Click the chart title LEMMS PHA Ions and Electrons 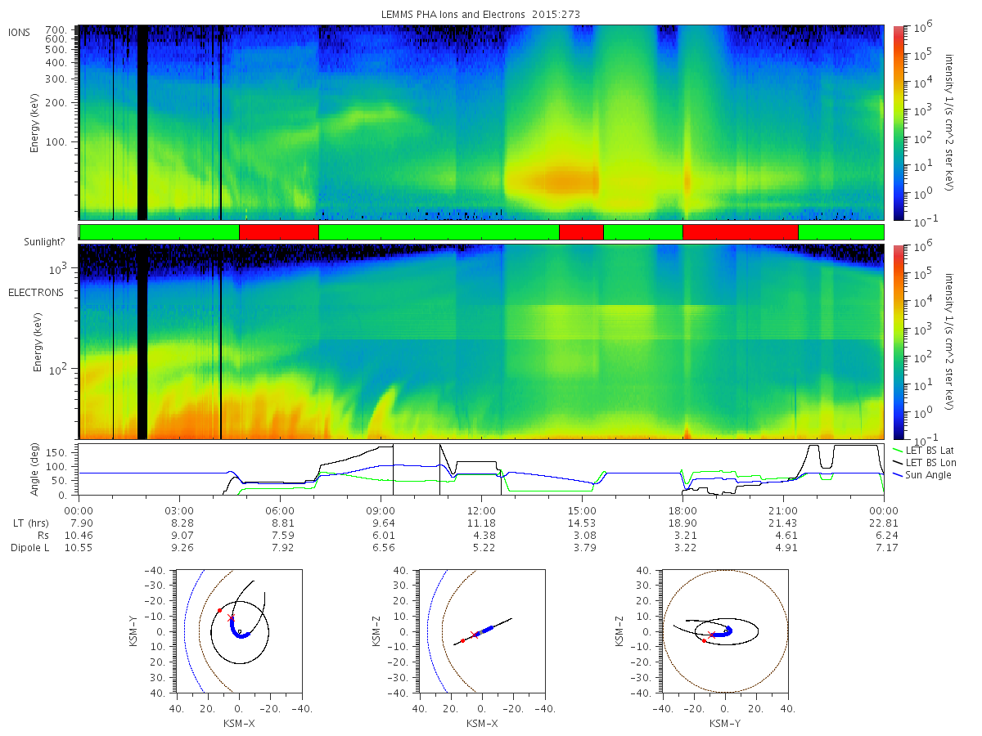click(x=453, y=14)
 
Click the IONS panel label click(x=19, y=33)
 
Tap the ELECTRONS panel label click(x=36, y=292)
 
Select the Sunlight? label click(x=44, y=242)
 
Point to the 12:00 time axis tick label click(x=481, y=511)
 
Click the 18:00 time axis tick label click(x=682, y=511)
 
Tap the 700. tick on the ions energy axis click(x=56, y=30)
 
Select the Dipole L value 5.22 click(x=484, y=547)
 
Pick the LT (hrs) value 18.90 click(x=682, y=523)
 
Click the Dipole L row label click(x=30, y=547)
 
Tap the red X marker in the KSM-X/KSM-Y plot click(x=231, y=618)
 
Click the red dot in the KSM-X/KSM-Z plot click(x=462, y=641)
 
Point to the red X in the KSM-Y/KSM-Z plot click(x=712, y=635)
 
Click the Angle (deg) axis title click(x=34, y=469)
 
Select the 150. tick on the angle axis click(x=56, y=453)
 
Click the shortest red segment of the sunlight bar click(x=581, y=232)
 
